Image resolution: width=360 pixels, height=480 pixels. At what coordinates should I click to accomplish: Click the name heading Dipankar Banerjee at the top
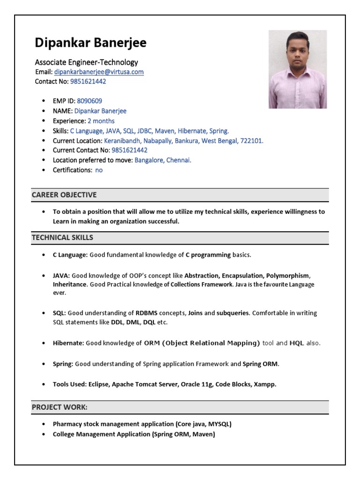click(x=90, y=43)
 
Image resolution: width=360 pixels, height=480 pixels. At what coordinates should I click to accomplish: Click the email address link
click(x=98, y=72)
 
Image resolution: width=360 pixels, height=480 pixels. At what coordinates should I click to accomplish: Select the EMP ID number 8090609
click(x=90, y=101)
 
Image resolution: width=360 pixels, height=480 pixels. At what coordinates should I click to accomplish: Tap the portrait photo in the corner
click(x=297, y=69)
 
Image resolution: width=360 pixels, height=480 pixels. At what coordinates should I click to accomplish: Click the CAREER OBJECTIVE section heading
click(x=64, y=195)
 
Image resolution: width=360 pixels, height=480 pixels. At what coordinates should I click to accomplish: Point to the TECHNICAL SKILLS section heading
click(x=62, y=238)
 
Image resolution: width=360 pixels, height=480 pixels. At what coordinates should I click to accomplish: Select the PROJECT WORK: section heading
click(x=60, y=407)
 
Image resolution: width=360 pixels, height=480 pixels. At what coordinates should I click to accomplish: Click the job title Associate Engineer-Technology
click(x=86, y=62)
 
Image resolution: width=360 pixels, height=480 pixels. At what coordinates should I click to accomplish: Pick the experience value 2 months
click(x=101, y=121)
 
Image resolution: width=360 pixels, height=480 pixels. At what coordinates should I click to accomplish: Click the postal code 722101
click(x=252, y=141)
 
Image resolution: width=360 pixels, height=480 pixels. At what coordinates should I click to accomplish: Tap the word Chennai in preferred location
click(x=179, y=160)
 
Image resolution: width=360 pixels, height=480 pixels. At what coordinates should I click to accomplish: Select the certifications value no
click(x=99, y=170)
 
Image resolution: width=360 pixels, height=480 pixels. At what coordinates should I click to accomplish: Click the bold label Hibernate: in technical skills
click(x=68, y=343)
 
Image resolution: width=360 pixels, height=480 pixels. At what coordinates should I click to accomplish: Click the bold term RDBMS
click(x=146, y=313)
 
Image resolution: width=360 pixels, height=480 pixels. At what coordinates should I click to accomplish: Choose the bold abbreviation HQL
click(x=297, y=343)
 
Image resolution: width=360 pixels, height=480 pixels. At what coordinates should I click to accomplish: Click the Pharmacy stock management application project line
click(x=142, y=424)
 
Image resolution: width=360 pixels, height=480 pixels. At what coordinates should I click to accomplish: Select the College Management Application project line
click(x=134, y=435)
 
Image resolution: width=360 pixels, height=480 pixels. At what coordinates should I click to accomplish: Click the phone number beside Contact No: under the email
click(x=88, y=82)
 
